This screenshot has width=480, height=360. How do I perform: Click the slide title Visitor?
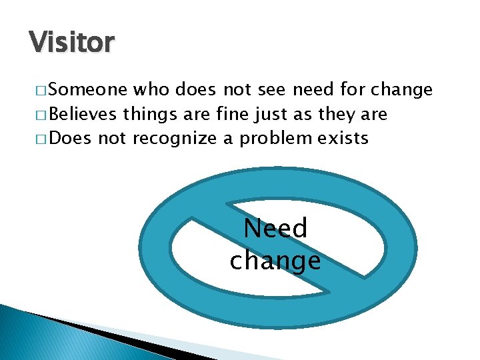72,43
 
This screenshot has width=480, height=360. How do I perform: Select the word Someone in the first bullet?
89,89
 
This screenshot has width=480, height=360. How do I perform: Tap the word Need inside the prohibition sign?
275,229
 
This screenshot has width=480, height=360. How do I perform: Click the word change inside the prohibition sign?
275,260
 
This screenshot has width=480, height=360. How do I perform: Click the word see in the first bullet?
270,89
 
